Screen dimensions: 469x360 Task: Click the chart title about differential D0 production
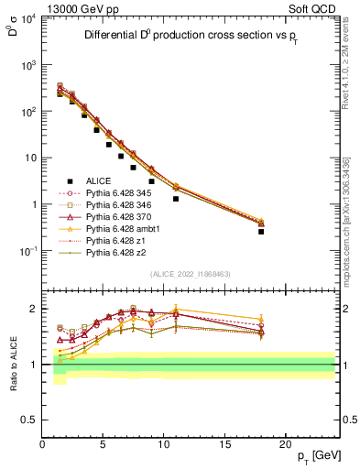pyautogui.click(x=192, y=37)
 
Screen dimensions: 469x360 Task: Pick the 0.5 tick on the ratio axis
pyautogui.click(x=31, y=420)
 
